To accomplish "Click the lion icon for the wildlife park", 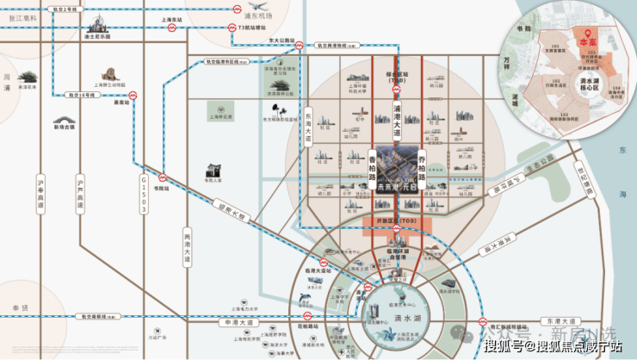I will (109, 74).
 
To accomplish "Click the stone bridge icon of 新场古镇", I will (64, 114).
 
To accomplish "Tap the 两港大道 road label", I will (187, 245).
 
